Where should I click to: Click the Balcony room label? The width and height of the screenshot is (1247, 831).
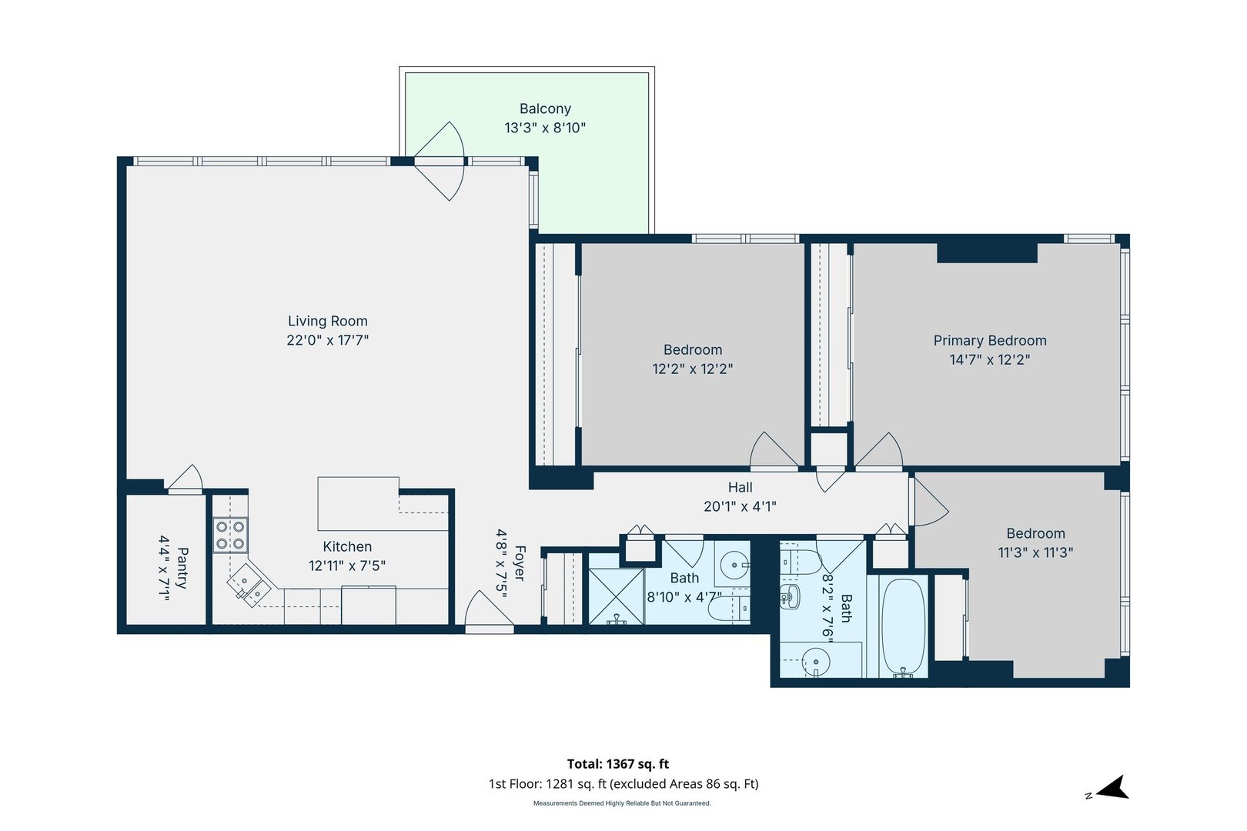545,109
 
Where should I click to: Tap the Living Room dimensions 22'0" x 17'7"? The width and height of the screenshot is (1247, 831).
328,340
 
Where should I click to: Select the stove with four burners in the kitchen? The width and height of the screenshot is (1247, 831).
230,535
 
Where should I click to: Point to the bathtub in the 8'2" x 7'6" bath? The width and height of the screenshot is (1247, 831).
904,627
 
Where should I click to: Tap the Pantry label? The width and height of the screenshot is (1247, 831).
183,568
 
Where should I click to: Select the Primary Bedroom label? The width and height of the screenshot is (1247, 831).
990,341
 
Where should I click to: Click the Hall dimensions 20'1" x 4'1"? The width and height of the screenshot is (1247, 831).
740,506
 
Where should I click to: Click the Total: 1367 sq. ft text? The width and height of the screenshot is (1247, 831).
618,764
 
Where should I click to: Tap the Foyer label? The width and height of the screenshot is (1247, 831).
520,563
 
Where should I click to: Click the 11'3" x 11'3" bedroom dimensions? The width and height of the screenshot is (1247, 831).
1035,552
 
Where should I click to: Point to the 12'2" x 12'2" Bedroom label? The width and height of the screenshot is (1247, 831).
693,350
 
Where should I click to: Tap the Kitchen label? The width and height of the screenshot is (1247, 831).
347,547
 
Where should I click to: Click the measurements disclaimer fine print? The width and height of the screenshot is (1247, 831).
622,803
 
